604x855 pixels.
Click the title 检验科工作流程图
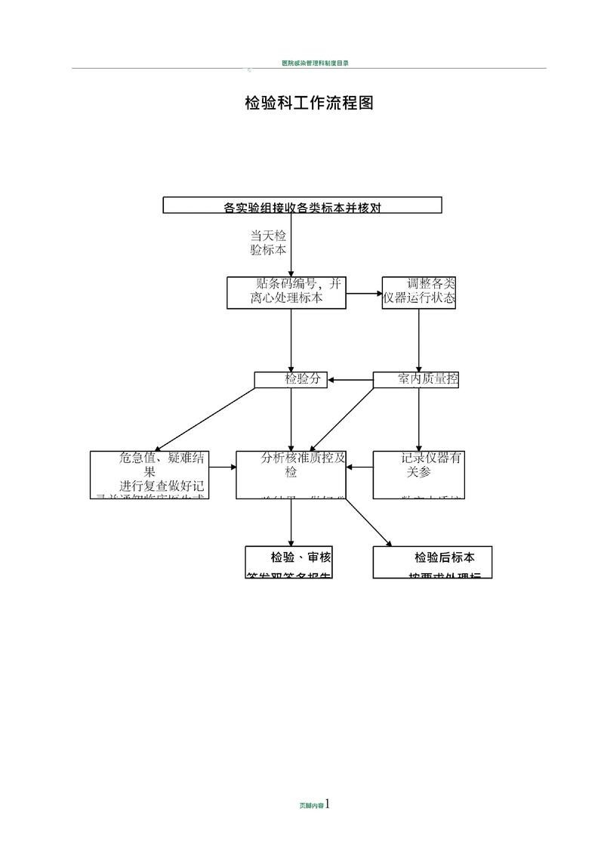tap(309, 103)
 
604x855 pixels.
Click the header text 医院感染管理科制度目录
tap(314, 63)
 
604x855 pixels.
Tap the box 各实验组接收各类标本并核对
tap(302, 205)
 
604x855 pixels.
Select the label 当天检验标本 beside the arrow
tap(268, 242)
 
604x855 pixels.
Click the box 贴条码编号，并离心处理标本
tap(287, 292)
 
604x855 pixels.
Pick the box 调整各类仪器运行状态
tap(419, 292)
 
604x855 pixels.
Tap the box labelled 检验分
tap(291, 380)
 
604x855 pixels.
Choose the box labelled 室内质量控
tap(416, 380)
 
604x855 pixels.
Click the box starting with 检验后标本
tap(433, 562)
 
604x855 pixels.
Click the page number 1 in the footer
tap(328, 804)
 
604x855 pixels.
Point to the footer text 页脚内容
tap(311, 806)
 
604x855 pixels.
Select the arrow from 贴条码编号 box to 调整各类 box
tap(364, 293)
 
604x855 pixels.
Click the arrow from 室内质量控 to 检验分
tap(350, 380)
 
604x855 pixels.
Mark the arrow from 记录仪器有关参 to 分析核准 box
tap(359, 468)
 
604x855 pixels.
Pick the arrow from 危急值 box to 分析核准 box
tap(223, 468)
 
